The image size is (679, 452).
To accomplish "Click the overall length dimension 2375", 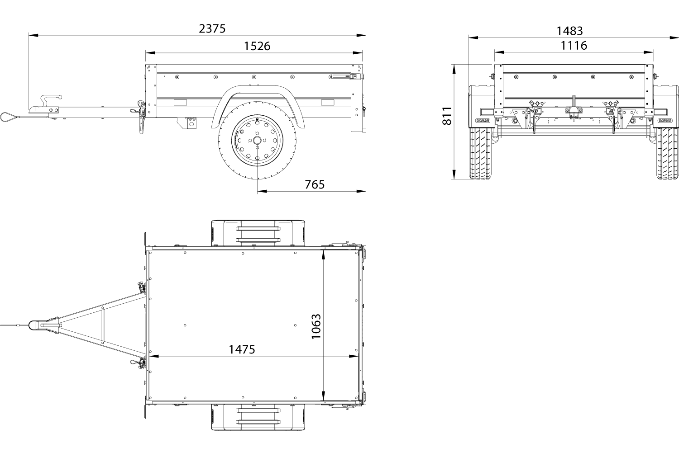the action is pos(212,29).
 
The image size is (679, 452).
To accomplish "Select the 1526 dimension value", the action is pos(257,46).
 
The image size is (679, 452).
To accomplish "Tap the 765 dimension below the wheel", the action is pos(315,184).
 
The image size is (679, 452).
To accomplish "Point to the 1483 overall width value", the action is pos(570,31).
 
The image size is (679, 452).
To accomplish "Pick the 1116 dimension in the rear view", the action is pos(574,45).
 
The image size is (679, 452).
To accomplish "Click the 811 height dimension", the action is pos(447,116).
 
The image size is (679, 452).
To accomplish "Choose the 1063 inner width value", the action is pos(316,327).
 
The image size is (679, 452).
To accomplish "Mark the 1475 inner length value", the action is pos(242,349).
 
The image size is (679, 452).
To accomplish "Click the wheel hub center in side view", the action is pos(258,140).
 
